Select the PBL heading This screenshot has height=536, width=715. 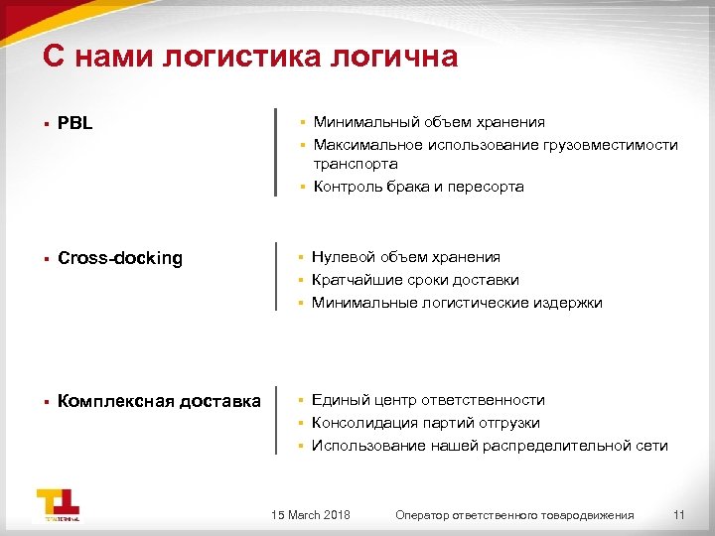(x=75, y=124)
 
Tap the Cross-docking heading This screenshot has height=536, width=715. (x=120, y=258)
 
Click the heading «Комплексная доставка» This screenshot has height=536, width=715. (x=159, y=401)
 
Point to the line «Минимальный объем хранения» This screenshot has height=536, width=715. (x=429, y=122)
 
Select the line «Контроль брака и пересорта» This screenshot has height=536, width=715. (x=418, y=187)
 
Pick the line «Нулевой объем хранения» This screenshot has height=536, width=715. (x=405, y=257)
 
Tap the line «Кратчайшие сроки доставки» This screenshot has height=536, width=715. (x=415, y=280)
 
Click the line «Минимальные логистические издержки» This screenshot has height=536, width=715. (x=457, y=303)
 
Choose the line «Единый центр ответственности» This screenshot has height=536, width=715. (x=428, y=400)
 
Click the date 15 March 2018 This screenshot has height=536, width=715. (x=310, y=514)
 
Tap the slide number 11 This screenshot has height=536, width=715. (x=679, y=514)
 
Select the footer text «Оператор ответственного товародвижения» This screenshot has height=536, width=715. (x=513, y=514)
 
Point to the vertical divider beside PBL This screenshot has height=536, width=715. (x=276, y=153)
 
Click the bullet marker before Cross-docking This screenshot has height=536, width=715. (x=46, y=259)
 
